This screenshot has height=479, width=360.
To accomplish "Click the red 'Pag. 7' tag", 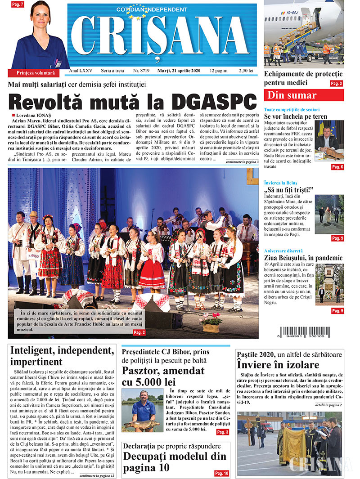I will point(18,4).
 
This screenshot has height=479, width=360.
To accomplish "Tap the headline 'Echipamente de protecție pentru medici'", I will point(303,78).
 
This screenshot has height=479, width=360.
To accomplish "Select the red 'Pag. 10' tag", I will point(221,473).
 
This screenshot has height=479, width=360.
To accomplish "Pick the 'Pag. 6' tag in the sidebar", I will point(337,167).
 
